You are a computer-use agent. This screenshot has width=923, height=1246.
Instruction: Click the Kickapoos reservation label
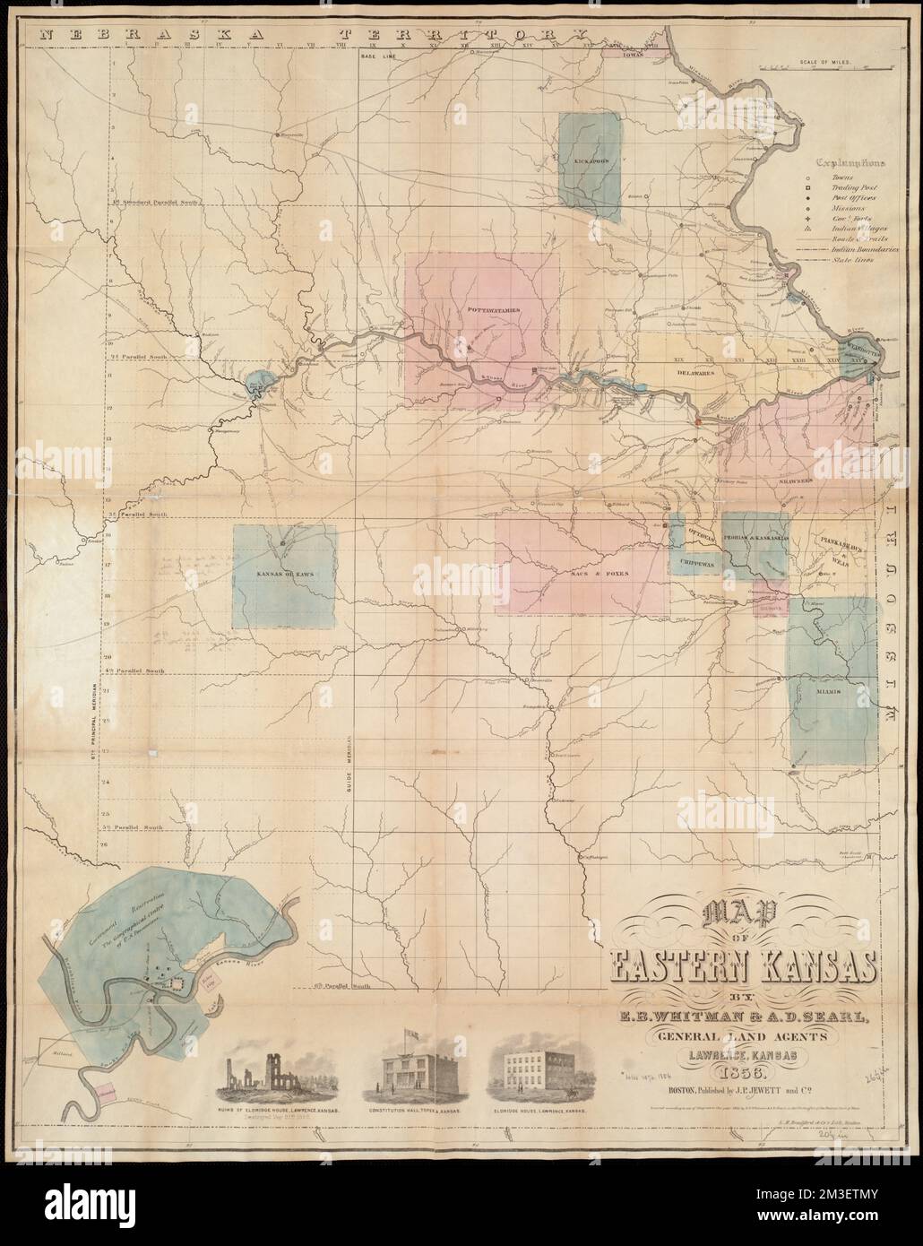(588, 162)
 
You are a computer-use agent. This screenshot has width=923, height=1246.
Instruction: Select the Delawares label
(694, 373)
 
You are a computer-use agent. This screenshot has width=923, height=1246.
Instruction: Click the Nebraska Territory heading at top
(305, 33)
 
